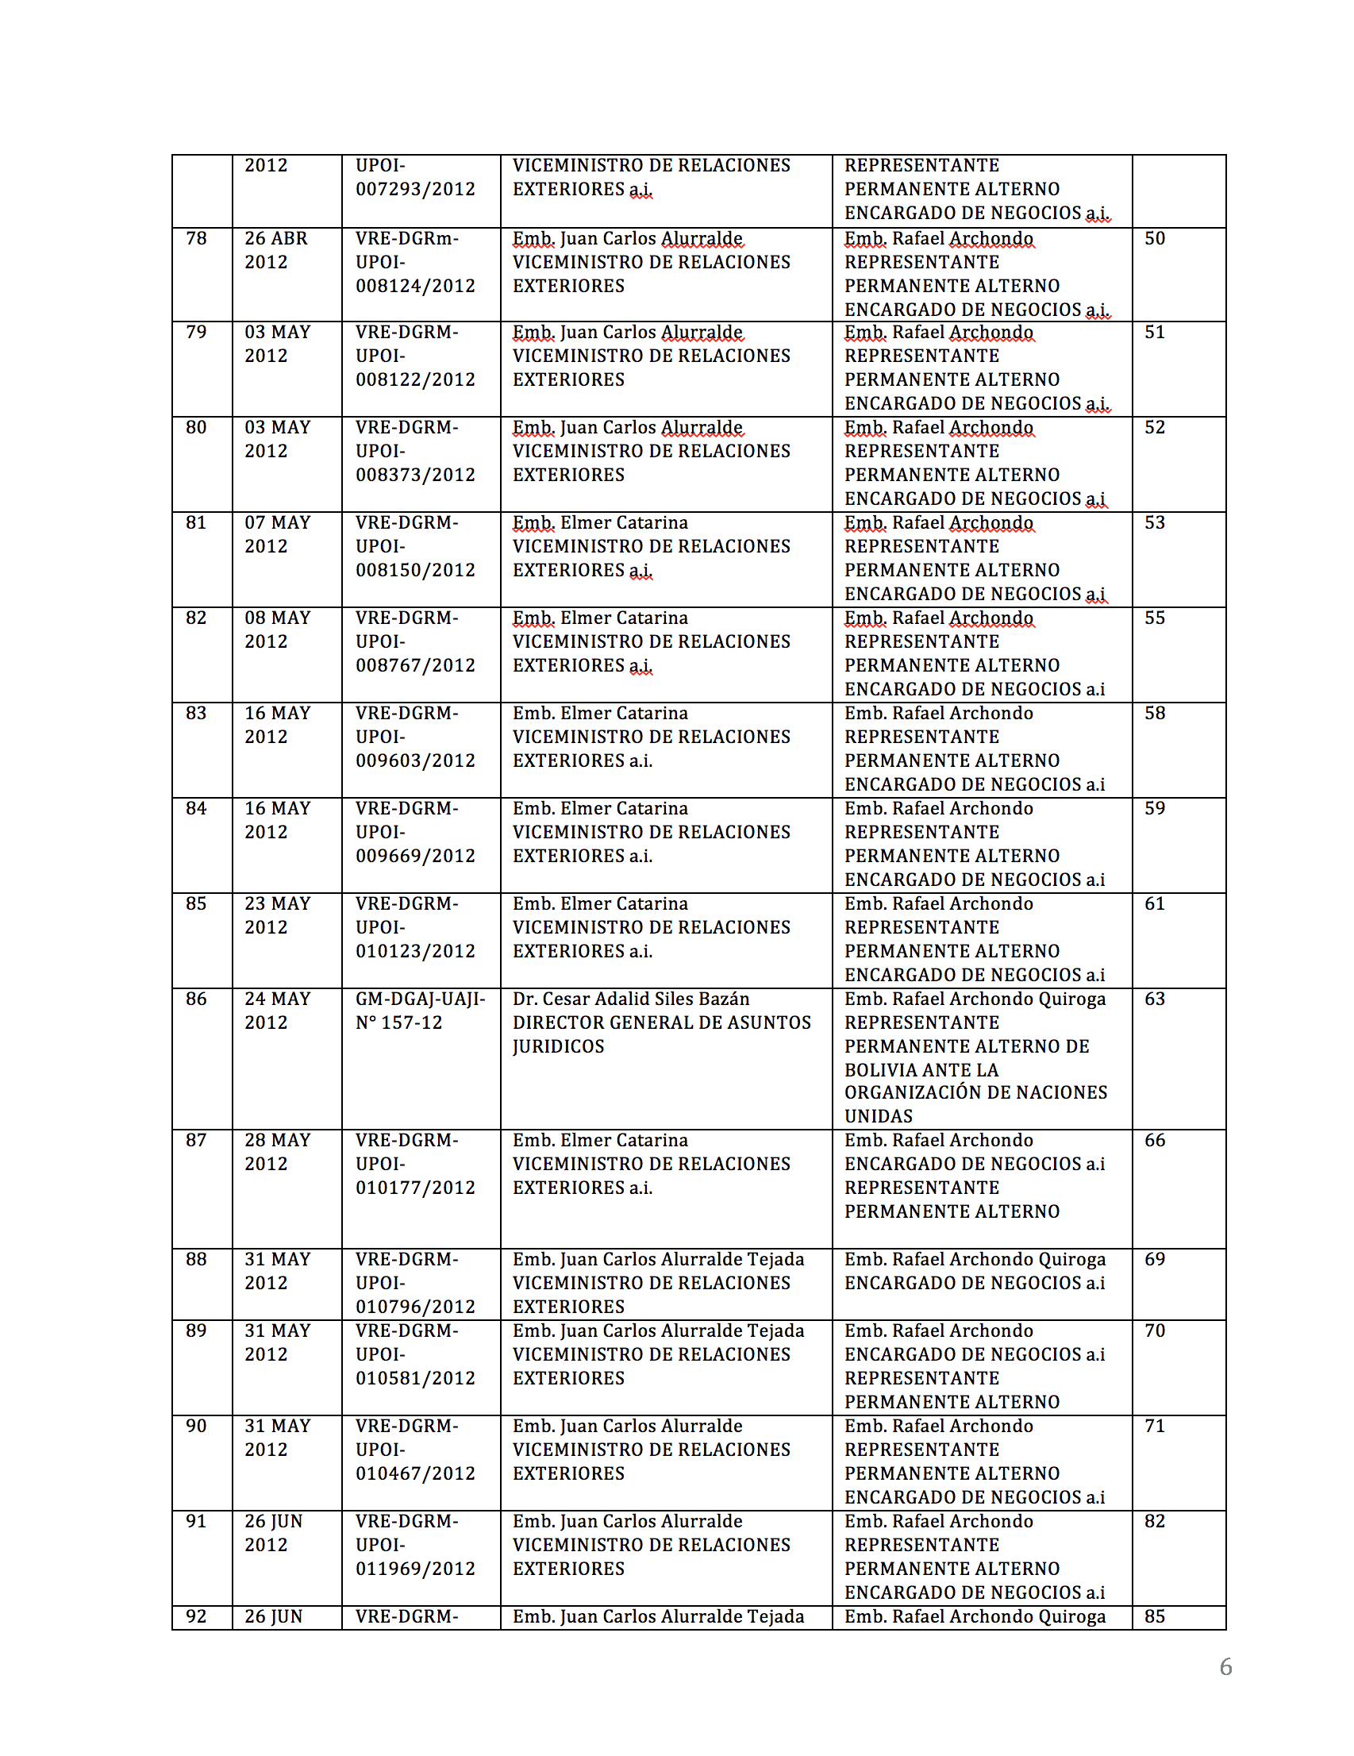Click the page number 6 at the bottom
tap(1225, 1667)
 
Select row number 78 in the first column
tap(196, 239)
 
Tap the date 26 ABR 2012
tap(276, 250)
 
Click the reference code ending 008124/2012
tap(415, 287)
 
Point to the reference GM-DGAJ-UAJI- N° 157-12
tap(420, 1011)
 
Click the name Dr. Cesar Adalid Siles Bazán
tap(630, 999)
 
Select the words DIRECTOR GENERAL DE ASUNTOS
tap(662, 1022)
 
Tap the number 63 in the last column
tap(1155, 999)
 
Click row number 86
tap(196, 999)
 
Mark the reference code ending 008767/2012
tap(415, 666)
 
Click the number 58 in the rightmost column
tap(1155, 713)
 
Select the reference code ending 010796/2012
tap(415, 1307)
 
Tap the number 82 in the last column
tap(1155, 1521)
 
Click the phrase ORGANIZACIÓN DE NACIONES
tap(975, 1092)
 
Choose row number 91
tap(196, 1521)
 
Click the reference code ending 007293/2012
tap(415, 189)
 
